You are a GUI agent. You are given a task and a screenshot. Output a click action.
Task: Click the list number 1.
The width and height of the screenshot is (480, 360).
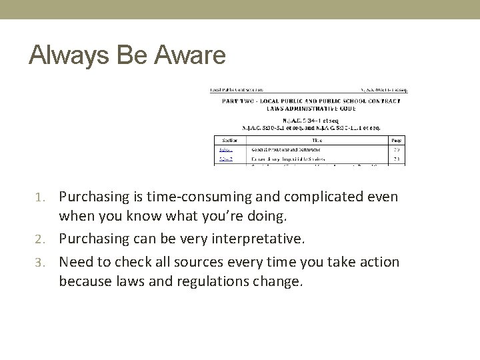point(49,198)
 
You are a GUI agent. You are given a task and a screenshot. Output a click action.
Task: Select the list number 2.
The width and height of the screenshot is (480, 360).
point(49,239)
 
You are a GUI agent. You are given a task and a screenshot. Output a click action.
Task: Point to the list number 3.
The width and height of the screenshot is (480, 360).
point(49,262)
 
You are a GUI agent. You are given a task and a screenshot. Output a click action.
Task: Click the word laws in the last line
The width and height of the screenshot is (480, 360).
point(127,281)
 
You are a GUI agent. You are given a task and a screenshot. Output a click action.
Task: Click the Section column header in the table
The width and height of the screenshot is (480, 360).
point(230,141)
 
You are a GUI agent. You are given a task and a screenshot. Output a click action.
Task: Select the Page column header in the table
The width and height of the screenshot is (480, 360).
point(396,141)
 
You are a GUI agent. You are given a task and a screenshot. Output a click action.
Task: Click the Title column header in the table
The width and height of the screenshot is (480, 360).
point(317,141)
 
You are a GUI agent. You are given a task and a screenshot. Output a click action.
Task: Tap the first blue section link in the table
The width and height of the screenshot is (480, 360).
point(227,150)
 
